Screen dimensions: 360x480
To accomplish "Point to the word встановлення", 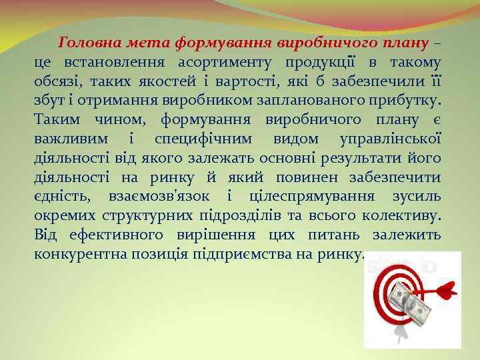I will pyautogui.click(x=118, y=63).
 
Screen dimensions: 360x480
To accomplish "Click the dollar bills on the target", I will pyautogui.click(x=408, y=302).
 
